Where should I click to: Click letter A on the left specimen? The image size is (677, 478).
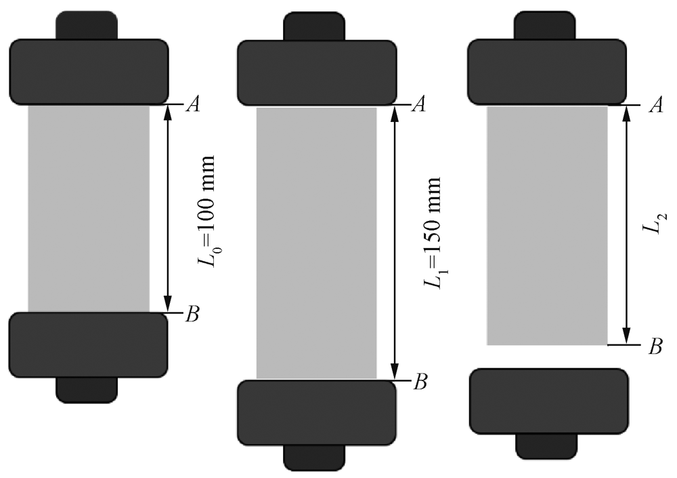(x=192, y=104)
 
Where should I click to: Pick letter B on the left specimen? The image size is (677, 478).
(x=192, y=314)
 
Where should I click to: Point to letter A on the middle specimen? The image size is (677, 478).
(x=419, y=104)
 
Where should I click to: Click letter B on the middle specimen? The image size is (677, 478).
(x=420, y=382)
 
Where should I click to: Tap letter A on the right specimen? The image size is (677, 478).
(x=656, y=105)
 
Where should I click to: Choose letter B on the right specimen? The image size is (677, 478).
(x=655, y=346)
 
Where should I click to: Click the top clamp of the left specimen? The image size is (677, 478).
(x=89, y=72)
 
